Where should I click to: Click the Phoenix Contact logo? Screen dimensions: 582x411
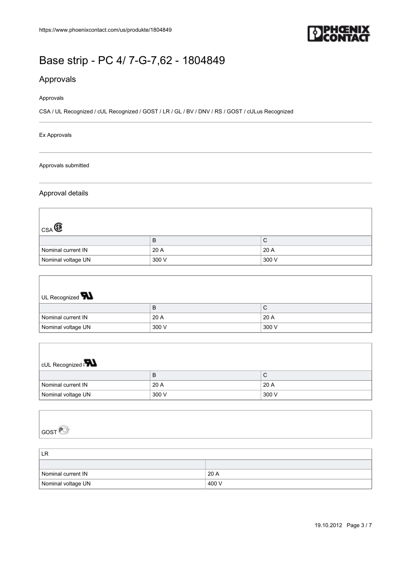point(339,33)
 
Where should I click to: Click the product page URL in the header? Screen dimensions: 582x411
point(105,30)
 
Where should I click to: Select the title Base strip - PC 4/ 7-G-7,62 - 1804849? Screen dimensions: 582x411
point(132,60)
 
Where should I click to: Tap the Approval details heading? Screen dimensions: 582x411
point(64,193)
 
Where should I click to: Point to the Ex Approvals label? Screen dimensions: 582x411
point(55,135)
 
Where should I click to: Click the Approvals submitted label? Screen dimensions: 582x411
point(64,165)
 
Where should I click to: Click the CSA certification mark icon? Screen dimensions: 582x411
point(58,228)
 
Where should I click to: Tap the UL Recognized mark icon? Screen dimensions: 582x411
point(87,296)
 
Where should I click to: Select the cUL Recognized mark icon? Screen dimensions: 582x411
point(90,363)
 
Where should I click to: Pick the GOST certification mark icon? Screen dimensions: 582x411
point(64,430)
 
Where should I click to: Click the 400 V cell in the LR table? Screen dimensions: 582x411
point(215,484)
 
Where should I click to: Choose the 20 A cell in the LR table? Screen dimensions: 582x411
point(213,474)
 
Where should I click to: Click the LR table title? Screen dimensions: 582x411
point(45,454)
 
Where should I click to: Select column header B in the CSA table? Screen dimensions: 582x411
point(154,240)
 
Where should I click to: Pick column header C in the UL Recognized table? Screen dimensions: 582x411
point(265,308)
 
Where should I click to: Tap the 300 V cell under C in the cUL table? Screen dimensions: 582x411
point(270,394)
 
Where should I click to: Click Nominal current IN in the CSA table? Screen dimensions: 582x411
point(64,250)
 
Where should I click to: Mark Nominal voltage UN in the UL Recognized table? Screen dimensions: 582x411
point(66,327)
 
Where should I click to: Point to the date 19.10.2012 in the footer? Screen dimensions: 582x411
point(328,525)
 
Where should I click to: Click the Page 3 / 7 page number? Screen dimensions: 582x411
point(359,525)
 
